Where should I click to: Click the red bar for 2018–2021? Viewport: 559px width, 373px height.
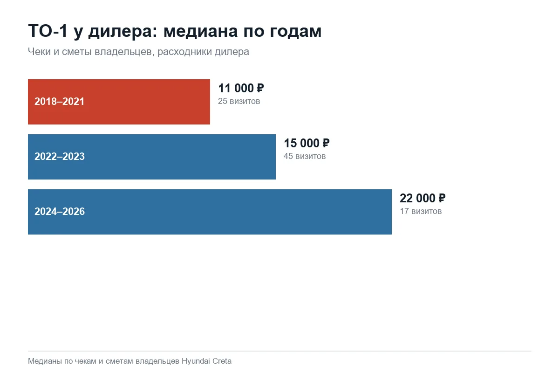click(119, 102)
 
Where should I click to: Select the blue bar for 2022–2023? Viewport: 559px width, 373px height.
click(152, 157)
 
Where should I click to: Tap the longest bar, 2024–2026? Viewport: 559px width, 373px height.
click(210, 212)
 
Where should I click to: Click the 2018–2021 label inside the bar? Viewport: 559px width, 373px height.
click(60, 102)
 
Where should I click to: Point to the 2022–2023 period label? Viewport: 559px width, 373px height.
click(60, 156)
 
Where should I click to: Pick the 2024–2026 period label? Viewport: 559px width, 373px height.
click(60, 211)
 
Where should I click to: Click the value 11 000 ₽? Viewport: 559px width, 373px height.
click(241, 88)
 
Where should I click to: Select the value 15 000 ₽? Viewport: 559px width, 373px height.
click(307, 143)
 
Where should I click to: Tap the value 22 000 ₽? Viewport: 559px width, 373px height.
click(423, 198)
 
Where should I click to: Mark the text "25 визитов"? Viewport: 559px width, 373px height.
click(239, 101)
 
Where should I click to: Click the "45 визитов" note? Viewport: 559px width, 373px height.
click(305, 156)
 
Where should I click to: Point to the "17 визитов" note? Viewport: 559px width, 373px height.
click(421, 211)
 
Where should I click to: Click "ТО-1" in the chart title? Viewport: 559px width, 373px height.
click(48, 31)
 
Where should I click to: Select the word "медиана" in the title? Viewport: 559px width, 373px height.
click(201, 31)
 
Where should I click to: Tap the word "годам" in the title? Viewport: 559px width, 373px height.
click(296, 32)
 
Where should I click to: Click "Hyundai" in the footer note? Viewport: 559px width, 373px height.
click(196, 361)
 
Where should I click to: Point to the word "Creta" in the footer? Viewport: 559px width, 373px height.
click(222, 361)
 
